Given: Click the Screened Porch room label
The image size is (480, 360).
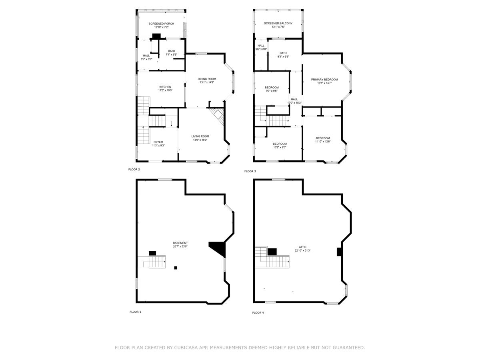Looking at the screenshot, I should point(161,24).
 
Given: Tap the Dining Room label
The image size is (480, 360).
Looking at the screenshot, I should point(207,79).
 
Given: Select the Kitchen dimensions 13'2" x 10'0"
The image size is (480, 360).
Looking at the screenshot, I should point(165,90).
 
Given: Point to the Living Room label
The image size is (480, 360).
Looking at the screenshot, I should point(200,136).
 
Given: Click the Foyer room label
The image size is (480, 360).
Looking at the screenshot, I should point(158,142).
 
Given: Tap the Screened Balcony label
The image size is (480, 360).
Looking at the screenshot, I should point(278,23).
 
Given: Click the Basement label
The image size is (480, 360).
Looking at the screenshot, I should point(180,243).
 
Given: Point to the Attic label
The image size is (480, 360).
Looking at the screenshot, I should point(302,247).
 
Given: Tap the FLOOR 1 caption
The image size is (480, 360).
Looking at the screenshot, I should point(135,312).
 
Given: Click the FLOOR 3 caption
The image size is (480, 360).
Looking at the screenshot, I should point(250,171).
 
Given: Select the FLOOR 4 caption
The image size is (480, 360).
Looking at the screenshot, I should point(258,313).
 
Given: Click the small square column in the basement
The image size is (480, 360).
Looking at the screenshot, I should point(175,268).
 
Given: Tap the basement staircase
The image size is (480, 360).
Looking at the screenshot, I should point(156,262).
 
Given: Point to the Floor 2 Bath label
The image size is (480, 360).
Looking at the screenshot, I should point(171,51).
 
